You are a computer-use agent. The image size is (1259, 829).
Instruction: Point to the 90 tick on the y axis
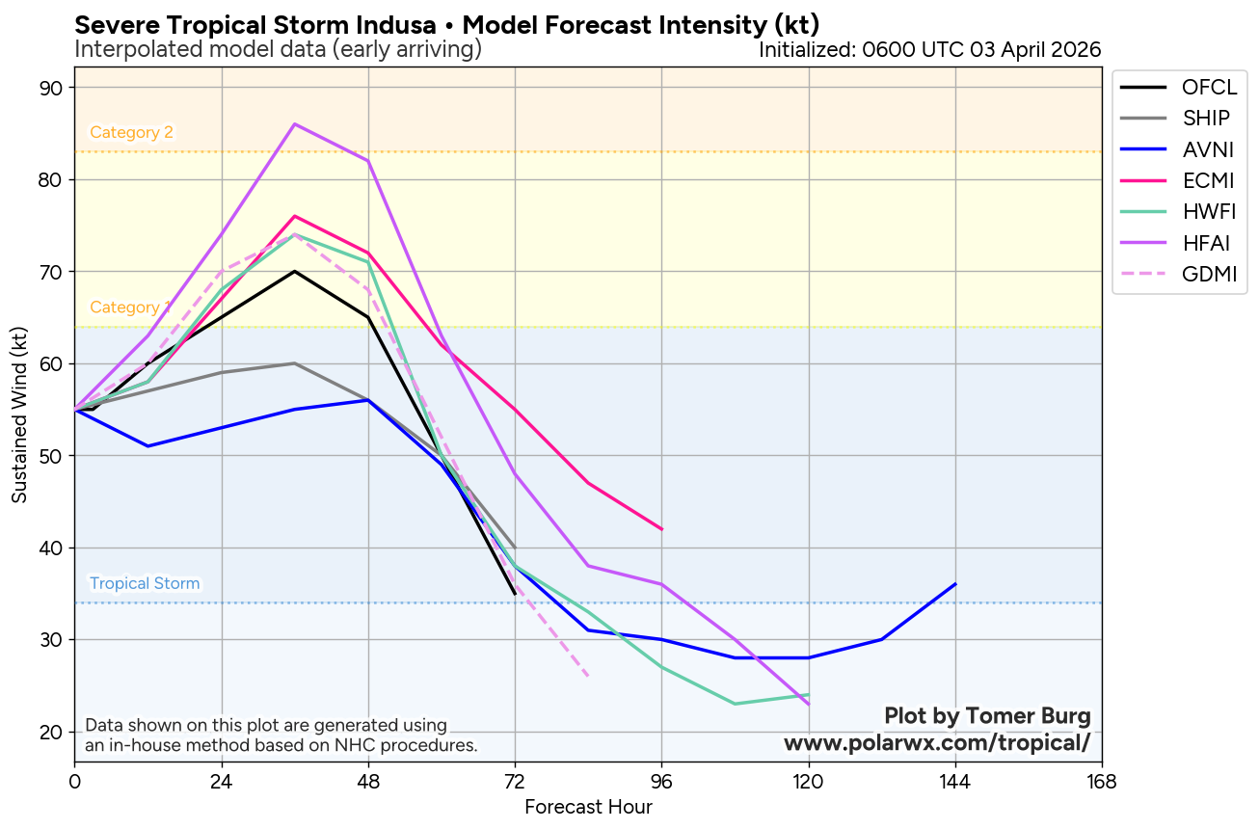point(51,89)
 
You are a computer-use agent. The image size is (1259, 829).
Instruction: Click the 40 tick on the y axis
point(51,548)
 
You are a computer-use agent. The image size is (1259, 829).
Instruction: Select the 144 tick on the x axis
point(954,780)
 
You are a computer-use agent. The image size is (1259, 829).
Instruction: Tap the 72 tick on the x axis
point(515,780)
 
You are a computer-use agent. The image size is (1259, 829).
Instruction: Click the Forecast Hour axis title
point(588,808)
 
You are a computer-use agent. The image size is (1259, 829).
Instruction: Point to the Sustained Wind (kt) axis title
point(19,414)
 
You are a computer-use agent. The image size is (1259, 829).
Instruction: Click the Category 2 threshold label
point(131,133)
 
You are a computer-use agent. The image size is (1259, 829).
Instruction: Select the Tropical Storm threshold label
point(145,583)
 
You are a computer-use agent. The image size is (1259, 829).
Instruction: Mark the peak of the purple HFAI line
point(295,123)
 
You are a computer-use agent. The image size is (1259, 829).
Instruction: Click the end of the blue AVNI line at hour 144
point(955,584)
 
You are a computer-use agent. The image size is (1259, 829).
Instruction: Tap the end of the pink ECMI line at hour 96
point(661,529)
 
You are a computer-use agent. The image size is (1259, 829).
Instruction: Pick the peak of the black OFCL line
point(295,271)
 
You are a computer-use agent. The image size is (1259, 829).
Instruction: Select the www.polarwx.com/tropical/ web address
point(937,743)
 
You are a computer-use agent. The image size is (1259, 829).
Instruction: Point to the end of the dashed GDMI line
point(588,677)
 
